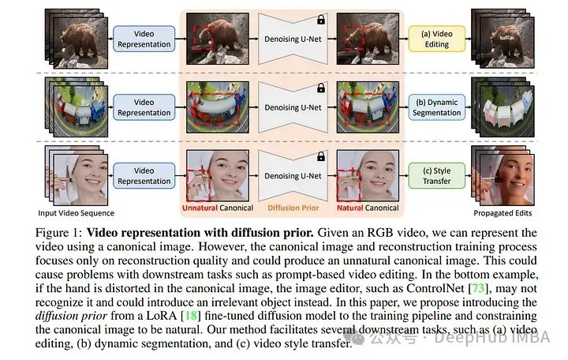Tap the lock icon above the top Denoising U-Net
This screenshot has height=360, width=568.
(x=320, y=19)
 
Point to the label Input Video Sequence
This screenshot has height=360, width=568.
(x=76, y=213)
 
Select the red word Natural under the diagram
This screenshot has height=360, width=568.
(x=350, y=209)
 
